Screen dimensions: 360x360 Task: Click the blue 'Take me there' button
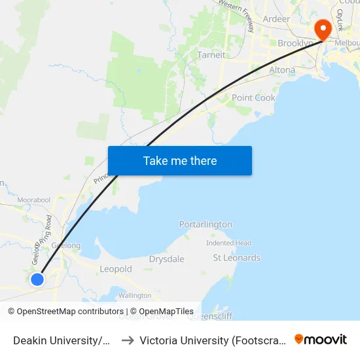click(179, 160)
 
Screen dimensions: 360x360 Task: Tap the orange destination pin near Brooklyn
click(323, 29)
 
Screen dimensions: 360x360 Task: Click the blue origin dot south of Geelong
click(37, 279)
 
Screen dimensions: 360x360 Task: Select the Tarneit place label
click(211, 55)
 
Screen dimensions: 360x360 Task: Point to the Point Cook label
click(253, 98)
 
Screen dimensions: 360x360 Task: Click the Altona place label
click(282, 69)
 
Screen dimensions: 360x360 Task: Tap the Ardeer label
click(276, 19)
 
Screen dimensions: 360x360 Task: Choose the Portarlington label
click(206, 224)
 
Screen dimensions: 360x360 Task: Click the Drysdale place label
click(166, 259)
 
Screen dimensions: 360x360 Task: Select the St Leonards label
click(236, 258)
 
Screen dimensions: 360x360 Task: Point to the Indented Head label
click(228, 243)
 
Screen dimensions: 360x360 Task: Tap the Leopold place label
click(116, 269)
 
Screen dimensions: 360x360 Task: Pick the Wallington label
click(135, 296)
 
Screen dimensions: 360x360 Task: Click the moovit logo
click(321, 339)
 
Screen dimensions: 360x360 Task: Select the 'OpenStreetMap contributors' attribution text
click(70, 312)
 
